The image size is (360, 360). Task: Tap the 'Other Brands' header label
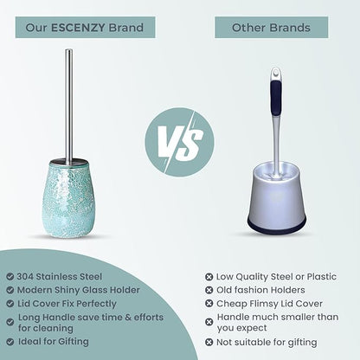pos(271,28)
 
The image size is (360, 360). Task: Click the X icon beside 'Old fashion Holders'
pos(208,290)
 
